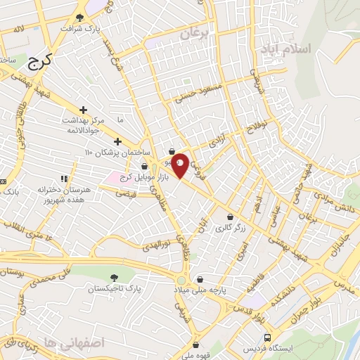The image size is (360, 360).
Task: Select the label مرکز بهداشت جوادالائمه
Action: coord(83,124)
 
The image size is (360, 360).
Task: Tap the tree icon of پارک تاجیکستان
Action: coord(115,278)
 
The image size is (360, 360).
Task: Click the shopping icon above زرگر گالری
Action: coord(231,217)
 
